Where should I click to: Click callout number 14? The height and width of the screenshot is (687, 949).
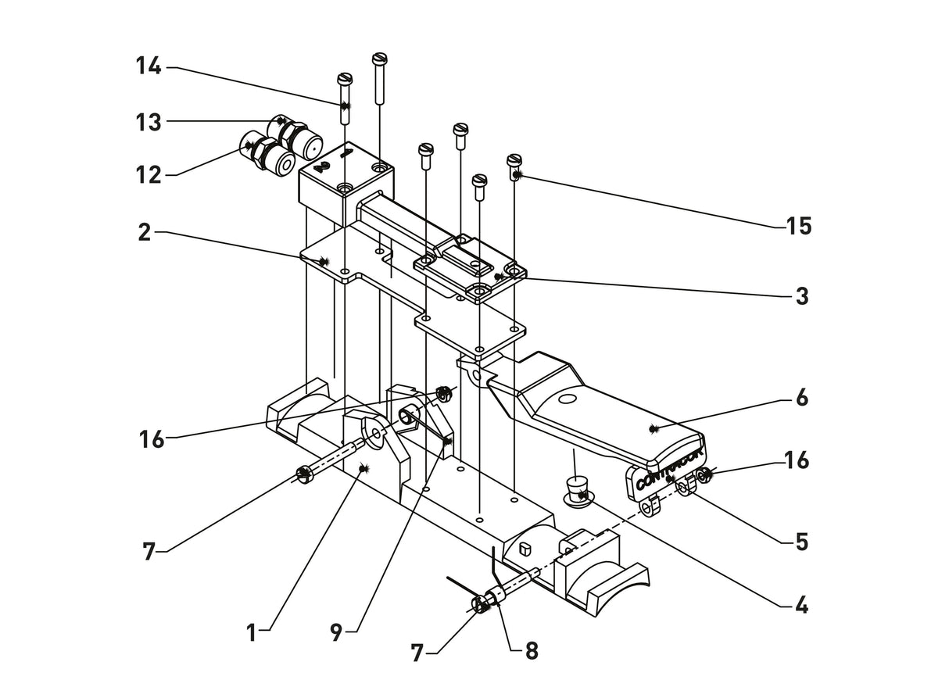pyautogui.click(x=148, y=66)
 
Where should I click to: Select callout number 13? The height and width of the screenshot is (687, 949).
pyautogui.click(x=148, y=122)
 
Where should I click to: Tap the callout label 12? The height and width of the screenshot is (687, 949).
pyautogui.click(x=148, y=174)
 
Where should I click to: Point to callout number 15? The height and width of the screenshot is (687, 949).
pyautogui.click(x=799, y=227)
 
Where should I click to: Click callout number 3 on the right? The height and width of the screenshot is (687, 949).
pyautogui.click(x=801, y=296)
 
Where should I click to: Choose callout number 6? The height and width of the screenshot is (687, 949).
pyautogui.click(x=801, y=398)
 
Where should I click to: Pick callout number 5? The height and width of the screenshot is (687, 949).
pyautogui.click(x=801, y=541)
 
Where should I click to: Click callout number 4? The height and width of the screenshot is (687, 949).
pyautogui.click(x=801, y=605)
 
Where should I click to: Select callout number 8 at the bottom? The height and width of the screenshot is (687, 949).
pyautogui.click(x=531, y=650)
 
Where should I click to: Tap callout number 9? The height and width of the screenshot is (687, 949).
pyautogui.click(x=336, y=632)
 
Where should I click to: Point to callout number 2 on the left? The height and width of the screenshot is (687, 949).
pyautogui.click(x=144, y=232)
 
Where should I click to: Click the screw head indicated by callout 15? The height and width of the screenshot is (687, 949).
pyautogui.click(x=514, y=161)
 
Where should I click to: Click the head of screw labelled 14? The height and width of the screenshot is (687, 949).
pyautogui.click(x=345, y=79)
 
